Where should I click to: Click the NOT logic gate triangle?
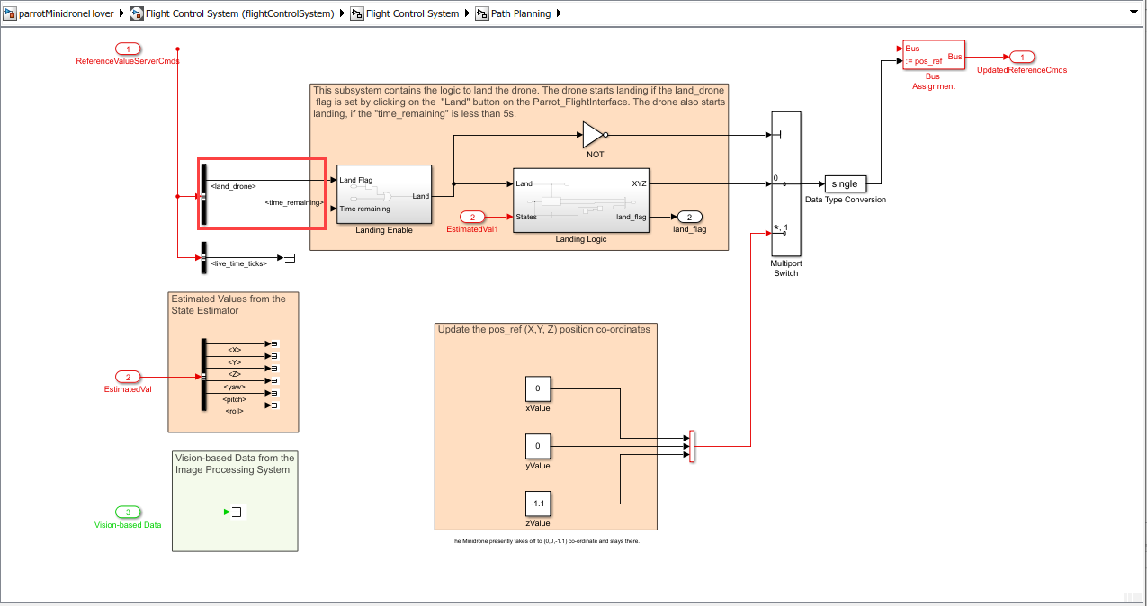(x=593, y=135)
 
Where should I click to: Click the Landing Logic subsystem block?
(x=580, y=200)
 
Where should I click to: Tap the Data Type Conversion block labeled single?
(x=845, y=184)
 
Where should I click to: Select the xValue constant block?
(x=537, y=388)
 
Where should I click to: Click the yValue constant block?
(x=537, y=446)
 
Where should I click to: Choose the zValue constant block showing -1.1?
(x=537, y=504)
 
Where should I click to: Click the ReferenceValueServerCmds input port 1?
(x=129, y=49)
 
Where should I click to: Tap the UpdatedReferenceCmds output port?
(x=1021, y=57)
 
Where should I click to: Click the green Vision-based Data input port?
(x=128, y=512)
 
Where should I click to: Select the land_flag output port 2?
(x=688, y=217)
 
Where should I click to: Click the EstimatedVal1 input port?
(x=472, y=217)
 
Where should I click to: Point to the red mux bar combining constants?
(x=692, y=446)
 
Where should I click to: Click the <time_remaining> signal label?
(x=294, y=203)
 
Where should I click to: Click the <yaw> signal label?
(x=236, y=387)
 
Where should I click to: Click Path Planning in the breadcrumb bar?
(x=520, y=13)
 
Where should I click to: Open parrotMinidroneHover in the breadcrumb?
(x=66, y=13)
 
